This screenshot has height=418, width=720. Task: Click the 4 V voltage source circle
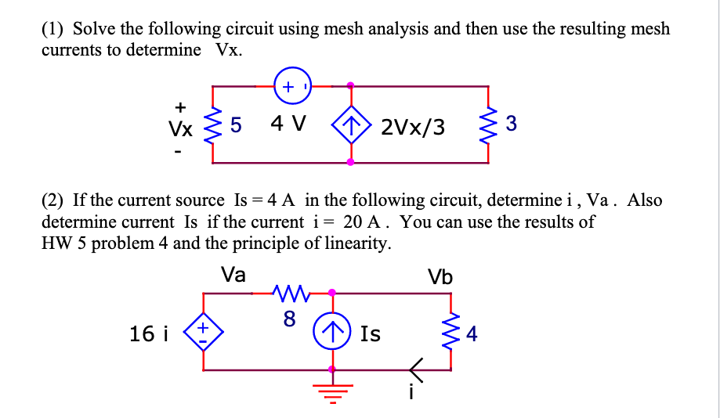coord(293,86)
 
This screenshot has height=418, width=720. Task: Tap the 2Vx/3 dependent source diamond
coord(350,124)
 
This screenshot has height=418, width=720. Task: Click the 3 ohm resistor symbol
coord(490,124)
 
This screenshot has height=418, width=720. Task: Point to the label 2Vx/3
coord(413,125)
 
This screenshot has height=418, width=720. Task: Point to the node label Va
coord(233,275)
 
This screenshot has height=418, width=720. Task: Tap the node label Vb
coord(440,276)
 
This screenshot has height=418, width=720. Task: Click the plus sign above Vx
coord(180,105)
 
